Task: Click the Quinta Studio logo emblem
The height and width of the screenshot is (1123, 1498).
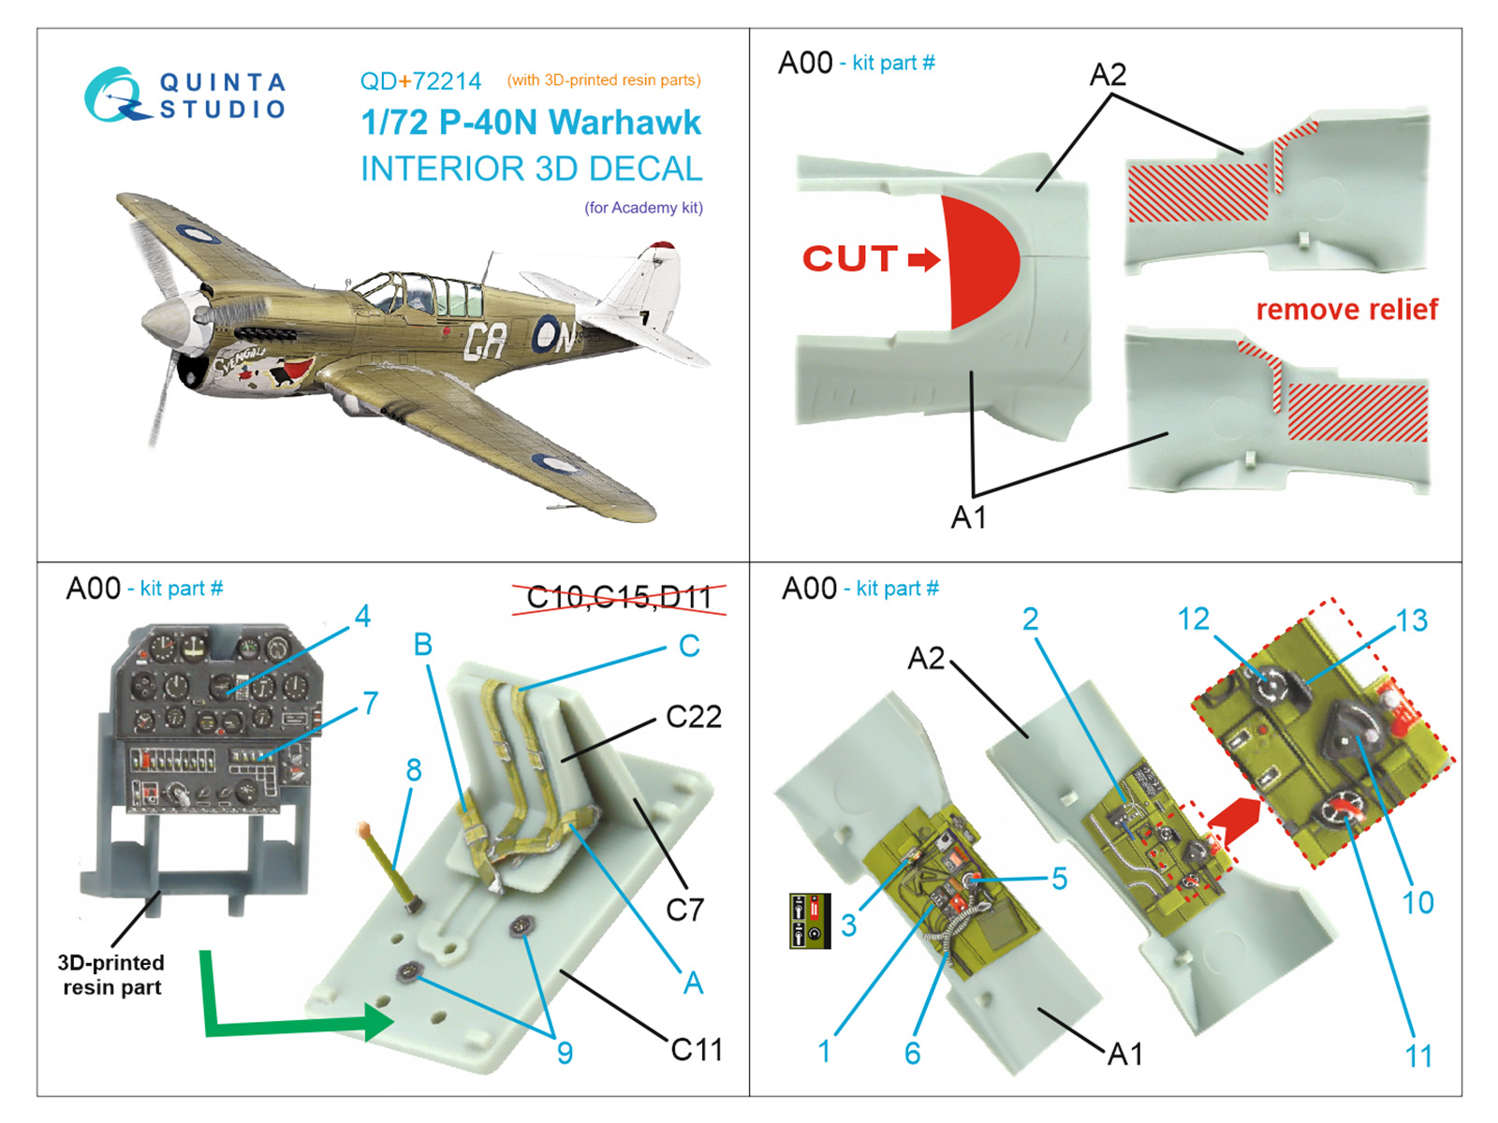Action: (115, 95)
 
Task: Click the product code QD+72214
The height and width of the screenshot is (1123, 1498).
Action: (420, 81)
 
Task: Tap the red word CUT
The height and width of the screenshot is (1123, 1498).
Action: (850, 258)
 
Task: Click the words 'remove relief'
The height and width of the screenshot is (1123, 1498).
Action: (1345, 310)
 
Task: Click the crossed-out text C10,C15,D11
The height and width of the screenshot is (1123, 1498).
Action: (619, 597)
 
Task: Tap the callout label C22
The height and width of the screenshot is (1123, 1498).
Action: (693, 717)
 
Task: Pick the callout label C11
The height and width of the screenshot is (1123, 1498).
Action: (697, 1050)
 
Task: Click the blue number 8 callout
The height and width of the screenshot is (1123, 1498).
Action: (414, 770)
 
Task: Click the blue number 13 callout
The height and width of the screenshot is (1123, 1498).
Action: (1411, 620)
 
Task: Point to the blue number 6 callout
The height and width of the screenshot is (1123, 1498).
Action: (913, 1054)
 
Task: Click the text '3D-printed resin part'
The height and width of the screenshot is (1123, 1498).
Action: (111, 975)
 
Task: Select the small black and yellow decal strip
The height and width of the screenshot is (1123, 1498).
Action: (810, 922)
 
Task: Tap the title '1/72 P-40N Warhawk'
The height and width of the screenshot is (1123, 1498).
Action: (531, 123)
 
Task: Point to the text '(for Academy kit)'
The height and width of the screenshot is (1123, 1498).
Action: (643, 208)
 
